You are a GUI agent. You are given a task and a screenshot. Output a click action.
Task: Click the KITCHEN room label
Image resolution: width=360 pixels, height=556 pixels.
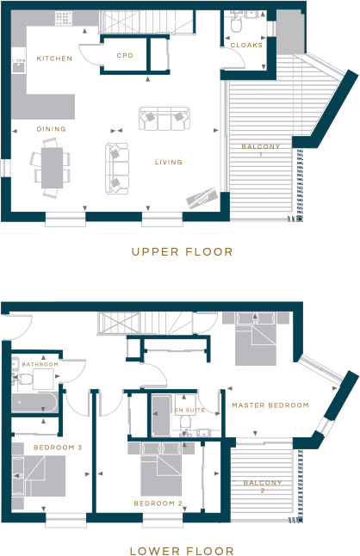tap(54, 59)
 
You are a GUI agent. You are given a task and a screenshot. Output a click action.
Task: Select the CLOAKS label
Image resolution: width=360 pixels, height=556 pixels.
tap(246, 45)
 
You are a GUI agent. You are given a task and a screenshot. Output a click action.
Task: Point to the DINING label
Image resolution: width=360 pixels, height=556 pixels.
tap(51, 129)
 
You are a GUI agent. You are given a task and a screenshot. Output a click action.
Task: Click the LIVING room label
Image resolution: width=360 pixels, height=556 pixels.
tap(168, 162)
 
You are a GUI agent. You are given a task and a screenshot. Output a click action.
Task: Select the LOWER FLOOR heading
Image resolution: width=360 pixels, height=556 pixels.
tap(181, 548)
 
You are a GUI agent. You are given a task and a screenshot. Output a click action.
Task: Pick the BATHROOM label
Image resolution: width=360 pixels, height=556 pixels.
tap(40, 365)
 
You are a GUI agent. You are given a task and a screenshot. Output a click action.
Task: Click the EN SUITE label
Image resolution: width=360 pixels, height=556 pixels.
tap(189, 411)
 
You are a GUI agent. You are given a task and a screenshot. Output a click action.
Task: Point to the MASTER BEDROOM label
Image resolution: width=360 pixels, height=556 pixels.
tap(270, 405)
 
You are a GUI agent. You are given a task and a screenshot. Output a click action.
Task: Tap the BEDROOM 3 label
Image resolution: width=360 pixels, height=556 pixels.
tap(58, 448)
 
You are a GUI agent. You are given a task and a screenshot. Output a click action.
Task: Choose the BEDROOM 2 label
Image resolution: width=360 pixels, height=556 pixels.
tap(158, 503)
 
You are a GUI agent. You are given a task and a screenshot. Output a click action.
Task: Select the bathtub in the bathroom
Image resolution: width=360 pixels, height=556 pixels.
tap(35, 403)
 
